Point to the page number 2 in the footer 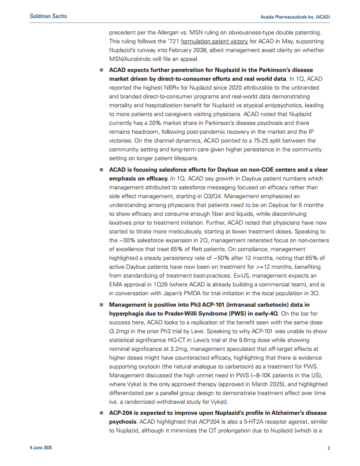pyautogui.click(x=329, y=448)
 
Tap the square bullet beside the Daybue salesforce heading pyautogui.click(x=101, y=170)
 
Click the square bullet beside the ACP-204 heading pyautogui.click(x=101, y=413)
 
